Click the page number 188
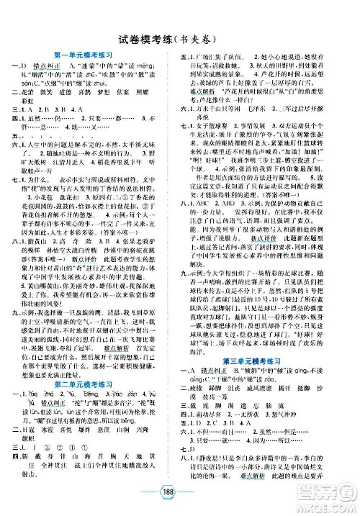pyautogui.click(x=180, y=502)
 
